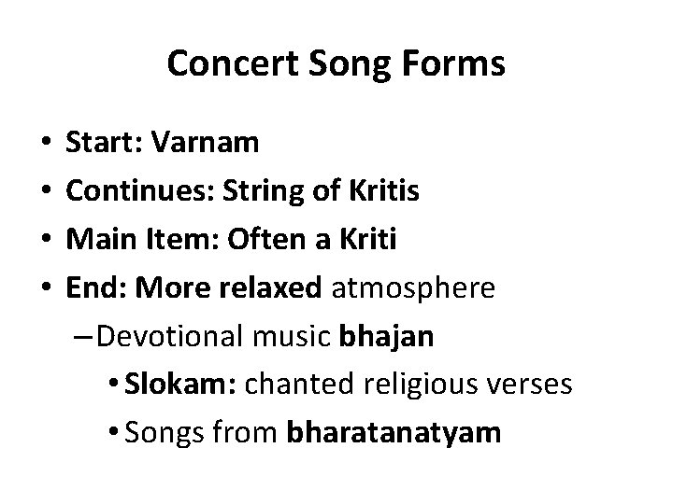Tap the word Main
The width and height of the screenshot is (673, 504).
pyautogui.click(x=96, y=240)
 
